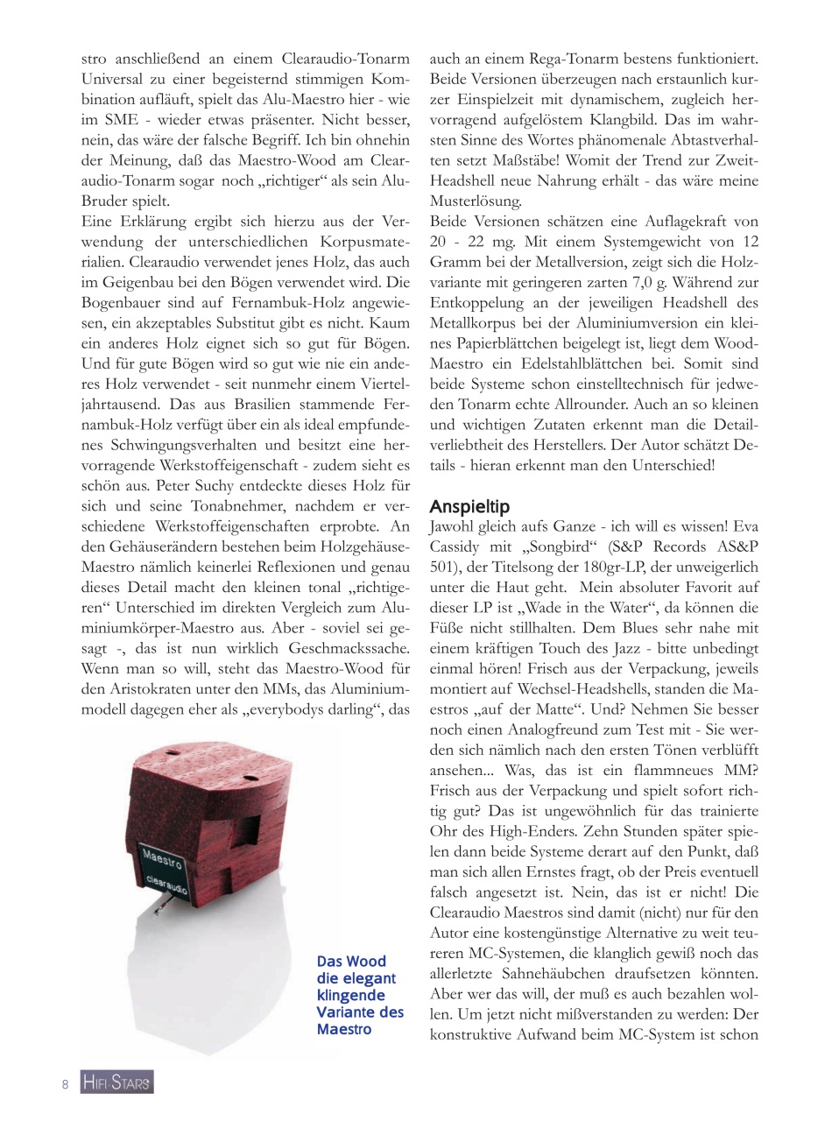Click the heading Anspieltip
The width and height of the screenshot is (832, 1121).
pos(469,507)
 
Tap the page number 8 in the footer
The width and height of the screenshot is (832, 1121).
pos(66,1084)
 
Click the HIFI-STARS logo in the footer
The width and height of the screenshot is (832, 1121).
pos(116,1083)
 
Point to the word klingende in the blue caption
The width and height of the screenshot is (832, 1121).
pos(351,995)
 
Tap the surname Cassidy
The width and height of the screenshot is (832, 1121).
pos(458,546)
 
